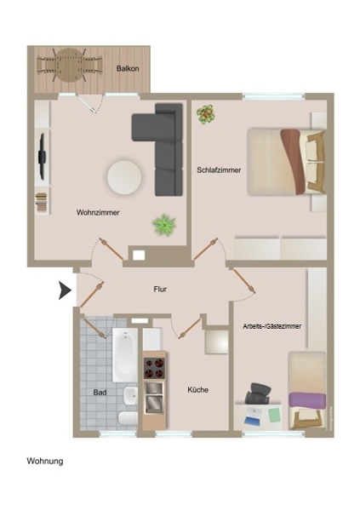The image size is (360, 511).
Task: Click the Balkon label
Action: [128, 68]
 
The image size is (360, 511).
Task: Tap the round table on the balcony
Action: [70, 66]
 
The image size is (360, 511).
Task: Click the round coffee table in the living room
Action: [124, 177]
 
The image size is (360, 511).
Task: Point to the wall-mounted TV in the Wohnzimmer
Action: [42, 157]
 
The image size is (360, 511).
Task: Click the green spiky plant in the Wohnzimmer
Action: [164, 225]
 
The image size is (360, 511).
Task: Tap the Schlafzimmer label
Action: [219, 170]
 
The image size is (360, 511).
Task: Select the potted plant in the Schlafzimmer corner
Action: [206, 114]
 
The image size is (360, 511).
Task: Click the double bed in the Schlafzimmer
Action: [286, 162]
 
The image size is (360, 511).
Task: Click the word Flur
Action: [160, 289]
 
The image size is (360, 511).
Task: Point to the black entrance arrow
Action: [65, 290]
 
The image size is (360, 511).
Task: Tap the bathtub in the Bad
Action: [125, 354]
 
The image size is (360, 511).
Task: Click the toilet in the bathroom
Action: [128, 418]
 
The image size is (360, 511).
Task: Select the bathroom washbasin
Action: [130, 396]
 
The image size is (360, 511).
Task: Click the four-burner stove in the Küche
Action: [154, 368]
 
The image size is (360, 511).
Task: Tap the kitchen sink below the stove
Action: [154, 397]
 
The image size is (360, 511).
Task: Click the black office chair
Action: [258, 393]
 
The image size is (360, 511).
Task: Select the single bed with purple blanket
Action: [307, 390]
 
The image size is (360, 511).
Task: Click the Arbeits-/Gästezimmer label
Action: [272, 326]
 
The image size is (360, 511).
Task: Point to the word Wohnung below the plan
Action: [45, 461]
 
